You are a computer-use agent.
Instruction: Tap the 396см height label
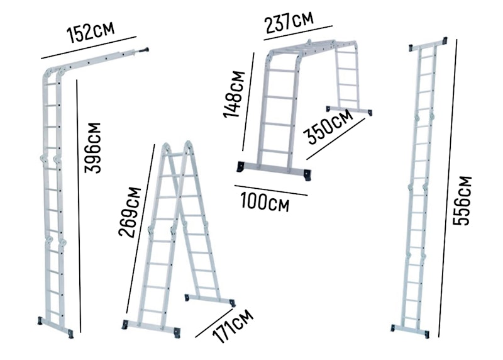click(x=92, y=148)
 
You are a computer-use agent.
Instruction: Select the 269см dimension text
click(x=130, y=211)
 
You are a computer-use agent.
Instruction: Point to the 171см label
click(x=233, y=326)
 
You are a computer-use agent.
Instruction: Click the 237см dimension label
click(x=289, y=22)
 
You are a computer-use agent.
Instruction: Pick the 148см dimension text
click(x=235, y=94)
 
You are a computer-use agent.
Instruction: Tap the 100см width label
click(x=265, y=201)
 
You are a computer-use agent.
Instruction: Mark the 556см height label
click(x=462, y=201)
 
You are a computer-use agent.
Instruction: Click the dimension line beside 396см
click(x=79, y=206)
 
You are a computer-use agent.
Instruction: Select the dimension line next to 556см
click(x=448, y=188)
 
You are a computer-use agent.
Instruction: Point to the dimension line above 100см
click(x=271, y=190)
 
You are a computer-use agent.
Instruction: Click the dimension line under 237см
click(x=298, y=33)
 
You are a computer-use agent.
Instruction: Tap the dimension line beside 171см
click(x=214, y=323)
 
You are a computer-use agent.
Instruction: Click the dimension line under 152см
click(x=89, y=48)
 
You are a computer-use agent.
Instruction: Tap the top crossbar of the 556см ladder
click(x=428, y=44)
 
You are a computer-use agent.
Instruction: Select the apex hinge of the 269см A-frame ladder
click(x=177, y=148)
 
